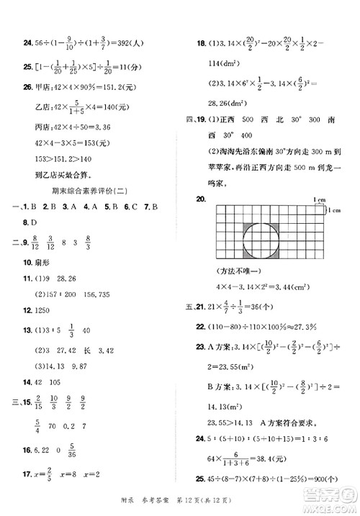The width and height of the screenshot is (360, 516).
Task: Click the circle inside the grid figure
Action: click(x=266, y=244)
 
